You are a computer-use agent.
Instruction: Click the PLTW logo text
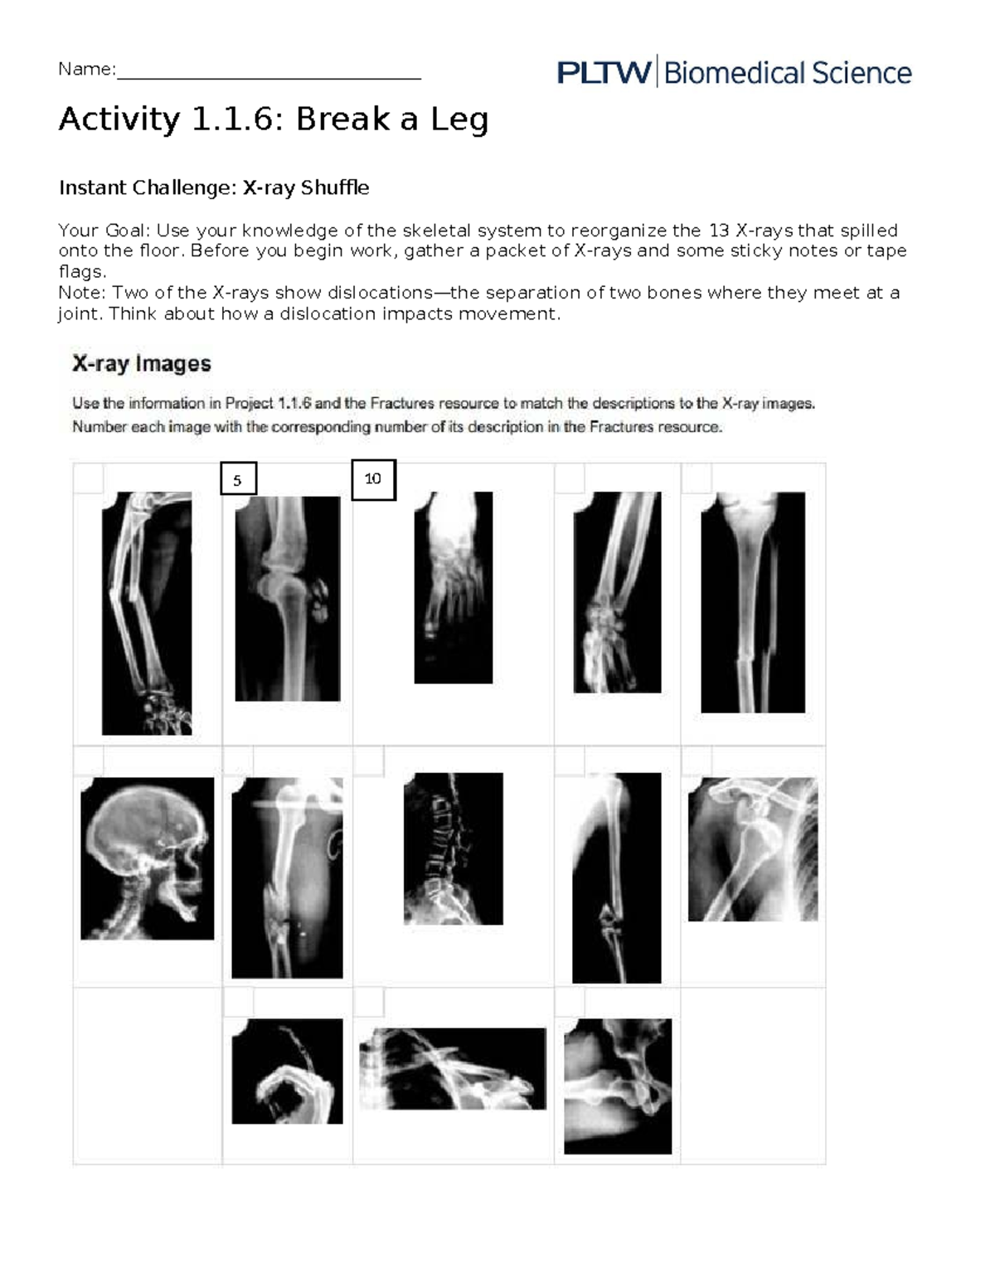coord(604,73)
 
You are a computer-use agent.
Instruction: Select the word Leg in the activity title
coord(459,119)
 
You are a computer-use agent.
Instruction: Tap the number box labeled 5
coord(238,479)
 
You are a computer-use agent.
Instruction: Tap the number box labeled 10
coord(373,479)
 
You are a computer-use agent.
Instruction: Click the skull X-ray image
coord(147,858)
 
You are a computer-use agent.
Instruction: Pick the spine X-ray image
coord(453,848)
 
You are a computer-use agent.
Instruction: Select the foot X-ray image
coord(453,587)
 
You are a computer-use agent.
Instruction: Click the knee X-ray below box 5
coord(287,598)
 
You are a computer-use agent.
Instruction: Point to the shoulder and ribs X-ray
coord(752,848)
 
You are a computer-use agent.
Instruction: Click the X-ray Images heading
coord(142,363)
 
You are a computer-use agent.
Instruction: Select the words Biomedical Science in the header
coord(787,73)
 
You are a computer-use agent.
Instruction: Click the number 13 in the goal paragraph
coord(715,231)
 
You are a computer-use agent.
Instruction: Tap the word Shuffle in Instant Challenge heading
coord(335,188)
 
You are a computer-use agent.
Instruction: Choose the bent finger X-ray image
coord(287,1071)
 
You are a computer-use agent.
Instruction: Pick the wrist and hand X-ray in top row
coord(617,592)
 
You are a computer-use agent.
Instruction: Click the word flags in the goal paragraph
coord(80,272)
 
